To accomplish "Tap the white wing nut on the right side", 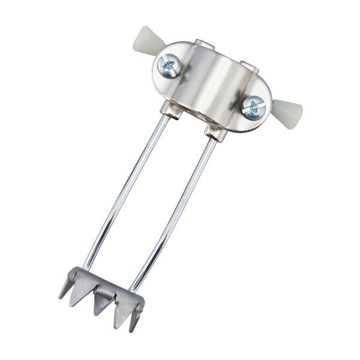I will pyautogui.click(x=289, y=112).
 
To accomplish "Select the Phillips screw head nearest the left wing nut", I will pyautogui.click(x=169, y=65).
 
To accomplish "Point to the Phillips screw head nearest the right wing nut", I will pyautogui.click(x=253, y=107).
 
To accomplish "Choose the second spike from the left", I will pyautogui.click(x=79, y=294).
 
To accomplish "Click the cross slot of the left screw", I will pyautogui.click(x=169, y=65).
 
